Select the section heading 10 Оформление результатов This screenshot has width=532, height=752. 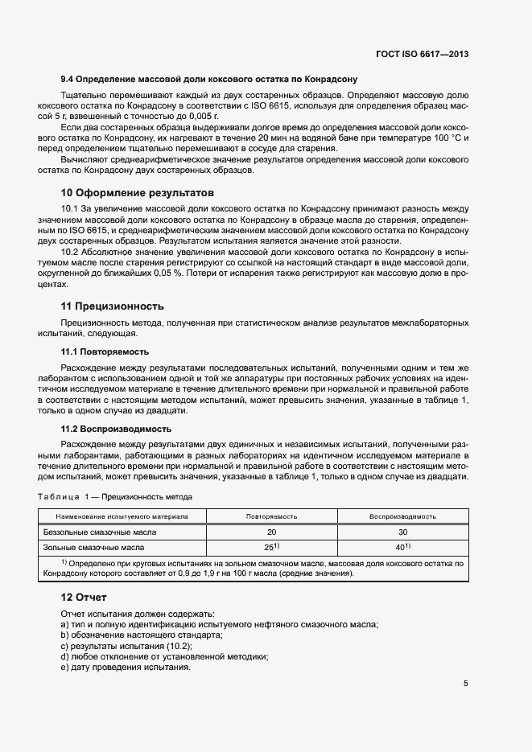(138, 193)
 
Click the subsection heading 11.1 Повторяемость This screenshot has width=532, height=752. (105, 352)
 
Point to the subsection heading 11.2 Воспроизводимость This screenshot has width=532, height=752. (116, 429)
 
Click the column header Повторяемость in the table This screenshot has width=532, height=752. (271, 516)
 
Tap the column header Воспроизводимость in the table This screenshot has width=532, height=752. (402, 516)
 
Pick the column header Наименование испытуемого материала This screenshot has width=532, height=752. (122, 516)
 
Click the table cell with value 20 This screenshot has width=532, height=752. (271, 532)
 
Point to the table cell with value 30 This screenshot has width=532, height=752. (402, 532)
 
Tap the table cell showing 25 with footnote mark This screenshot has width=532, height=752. (272, 547)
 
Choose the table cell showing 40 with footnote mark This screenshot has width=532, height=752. (402, 547)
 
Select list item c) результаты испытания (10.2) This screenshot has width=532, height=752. (126, 646)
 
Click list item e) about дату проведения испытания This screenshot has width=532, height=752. (126, 667)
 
